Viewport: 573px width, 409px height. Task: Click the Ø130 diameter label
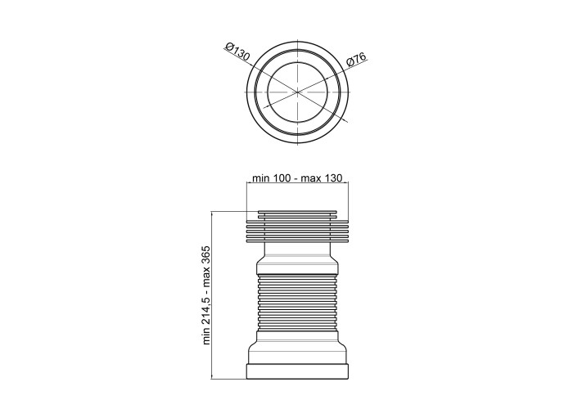238,52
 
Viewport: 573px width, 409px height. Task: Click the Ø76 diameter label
356,59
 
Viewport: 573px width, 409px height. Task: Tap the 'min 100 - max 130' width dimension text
297,178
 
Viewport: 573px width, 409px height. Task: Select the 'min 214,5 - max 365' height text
206,295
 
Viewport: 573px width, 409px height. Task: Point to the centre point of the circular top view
297,92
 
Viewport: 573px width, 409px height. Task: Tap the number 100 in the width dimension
281,178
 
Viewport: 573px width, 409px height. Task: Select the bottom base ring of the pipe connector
297,371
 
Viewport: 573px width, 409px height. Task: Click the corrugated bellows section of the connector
297,302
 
